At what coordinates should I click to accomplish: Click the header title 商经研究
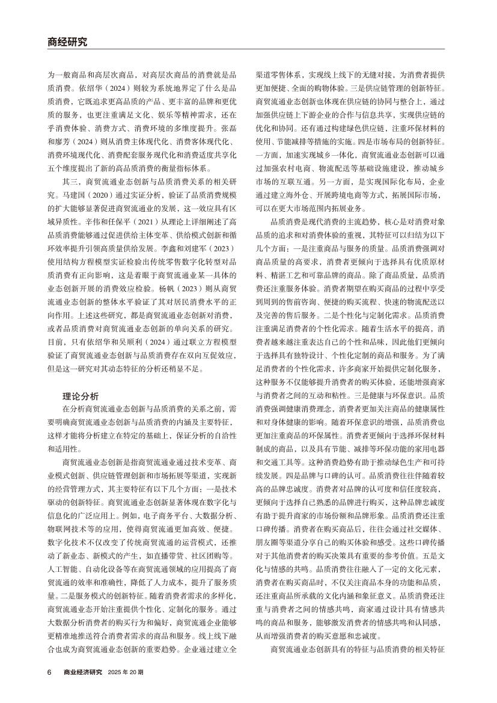coord(67,42)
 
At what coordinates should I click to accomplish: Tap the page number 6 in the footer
coord(49,672)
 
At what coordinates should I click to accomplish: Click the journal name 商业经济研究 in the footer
coord(83,672)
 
